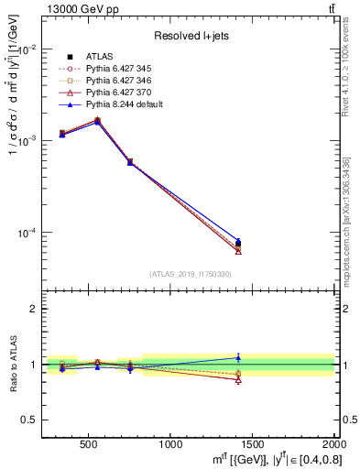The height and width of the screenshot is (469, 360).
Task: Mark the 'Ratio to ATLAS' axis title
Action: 11,365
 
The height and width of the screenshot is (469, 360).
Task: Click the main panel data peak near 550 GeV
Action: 97,120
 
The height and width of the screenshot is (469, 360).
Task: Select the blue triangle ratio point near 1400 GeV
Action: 238,357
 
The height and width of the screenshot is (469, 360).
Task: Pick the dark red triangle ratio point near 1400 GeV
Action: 238,379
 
